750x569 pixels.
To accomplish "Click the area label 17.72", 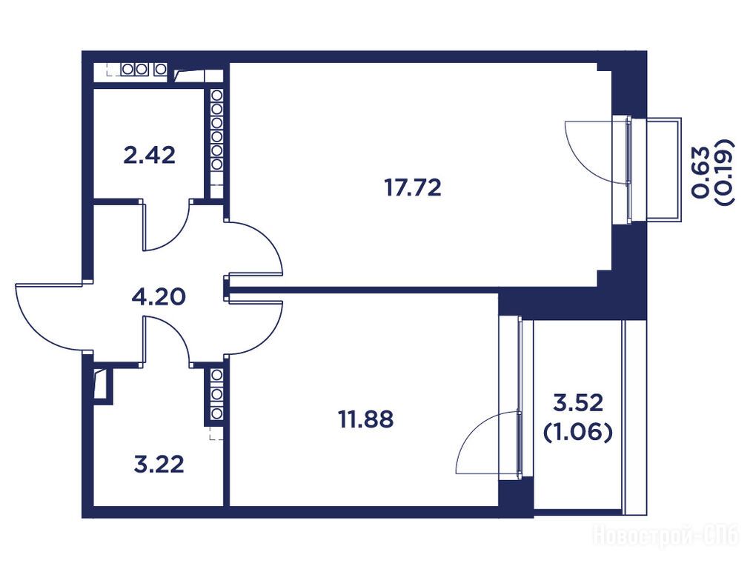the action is click(413, 187).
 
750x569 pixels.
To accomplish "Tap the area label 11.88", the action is click(366, 419).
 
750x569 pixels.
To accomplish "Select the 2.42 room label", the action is click(149, 156).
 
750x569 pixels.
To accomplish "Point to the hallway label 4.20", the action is click(159, 297).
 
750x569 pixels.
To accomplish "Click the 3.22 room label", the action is click(159, 465).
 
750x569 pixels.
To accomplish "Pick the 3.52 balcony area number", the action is click(578, 402).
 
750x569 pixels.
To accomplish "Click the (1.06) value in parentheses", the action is click(578, 433).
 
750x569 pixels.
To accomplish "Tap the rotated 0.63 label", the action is click(700, 172).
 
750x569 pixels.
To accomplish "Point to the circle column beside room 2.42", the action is click(216, 130).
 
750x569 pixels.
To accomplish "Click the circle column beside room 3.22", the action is click(216, 393).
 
